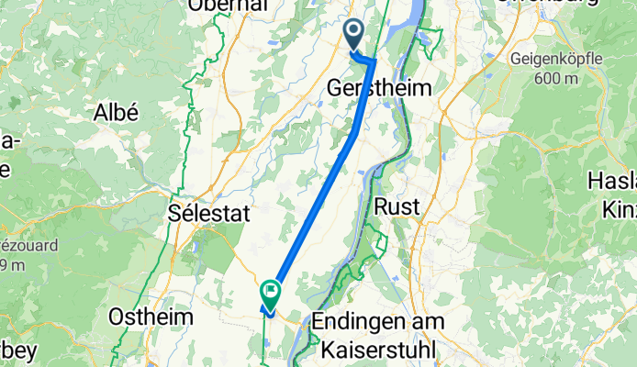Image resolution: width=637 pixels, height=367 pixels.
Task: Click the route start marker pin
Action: tap(354, 34)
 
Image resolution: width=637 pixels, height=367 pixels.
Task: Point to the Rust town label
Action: tap(397, 207)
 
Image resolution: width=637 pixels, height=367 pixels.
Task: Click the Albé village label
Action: tap(117, 114)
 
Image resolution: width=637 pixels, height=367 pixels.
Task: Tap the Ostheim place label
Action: tap(151, 317)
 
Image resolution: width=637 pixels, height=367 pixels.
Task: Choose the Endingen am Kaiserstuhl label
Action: tap(378, 336)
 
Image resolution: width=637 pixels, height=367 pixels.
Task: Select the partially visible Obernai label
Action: tap(228, 6)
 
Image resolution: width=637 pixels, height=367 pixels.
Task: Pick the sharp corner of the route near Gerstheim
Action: tap(374, 61)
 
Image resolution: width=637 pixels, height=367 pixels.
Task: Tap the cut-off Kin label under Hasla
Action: tap(620, 210)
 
